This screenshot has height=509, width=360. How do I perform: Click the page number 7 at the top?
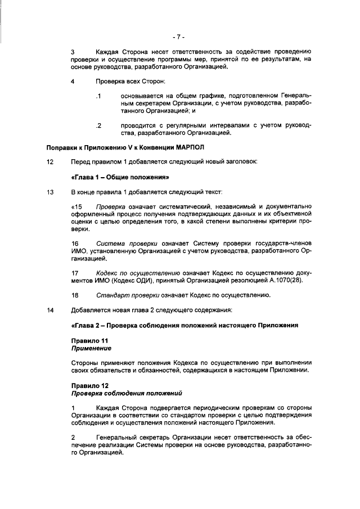[x=179, y=37]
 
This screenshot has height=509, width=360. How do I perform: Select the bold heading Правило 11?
[x=89, y=341]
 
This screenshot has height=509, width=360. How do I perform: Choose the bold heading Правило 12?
[x=89, y=385]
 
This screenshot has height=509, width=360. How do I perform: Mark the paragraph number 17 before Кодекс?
[x=75, y=273]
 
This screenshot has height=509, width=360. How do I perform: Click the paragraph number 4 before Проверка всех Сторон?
[x=73, y=82]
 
